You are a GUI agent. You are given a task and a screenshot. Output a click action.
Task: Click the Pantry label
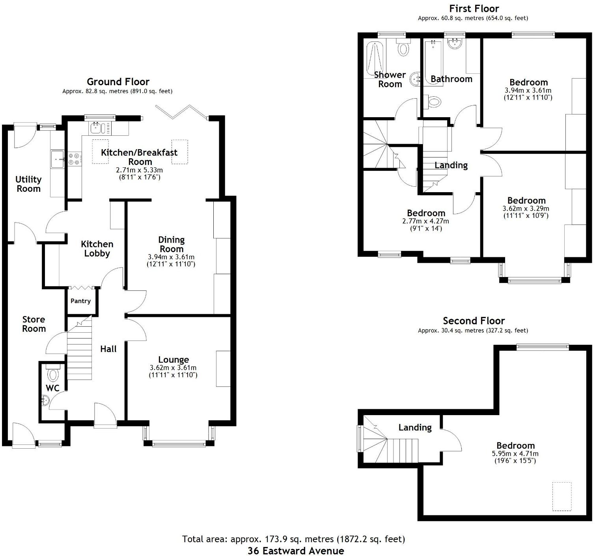pyautogui.click(x=80, y=301)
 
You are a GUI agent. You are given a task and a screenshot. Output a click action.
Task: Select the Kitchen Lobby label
pyautogui.click(x=97, y=249)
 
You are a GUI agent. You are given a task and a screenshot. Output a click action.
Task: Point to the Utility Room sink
pyautogui.click(x=58, y=159)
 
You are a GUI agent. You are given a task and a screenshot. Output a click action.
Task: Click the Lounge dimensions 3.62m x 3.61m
pyautogui.click(x=173, y=368)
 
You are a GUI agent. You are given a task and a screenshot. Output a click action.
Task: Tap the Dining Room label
pyautogui.click(x=171, y=244)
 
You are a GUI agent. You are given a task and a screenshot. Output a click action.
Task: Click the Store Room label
pyautogui.click(x=34, y=324)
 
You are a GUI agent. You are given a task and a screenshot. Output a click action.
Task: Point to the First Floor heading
pyautogui.click(x=474, y=8)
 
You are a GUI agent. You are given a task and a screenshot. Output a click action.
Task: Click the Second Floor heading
pyautogui.click(x=474, y=321)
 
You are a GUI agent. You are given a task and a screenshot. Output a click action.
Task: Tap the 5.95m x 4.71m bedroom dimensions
pyautogui.click(x=515, y=454)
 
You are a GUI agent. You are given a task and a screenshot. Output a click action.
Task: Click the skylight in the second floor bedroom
pyautogui.click(x=561, y=496)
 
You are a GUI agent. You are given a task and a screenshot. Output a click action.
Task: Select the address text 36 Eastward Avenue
pyautogui.click(x=296, y=551)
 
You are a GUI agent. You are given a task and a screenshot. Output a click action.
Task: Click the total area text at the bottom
pyautogui.click(x=293, y=539)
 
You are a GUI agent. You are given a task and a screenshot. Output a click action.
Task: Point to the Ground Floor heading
pyautogui.click(x=118, y=82)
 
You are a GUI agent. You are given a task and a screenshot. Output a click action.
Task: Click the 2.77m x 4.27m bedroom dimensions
pyautogui.click(x=426, y=221)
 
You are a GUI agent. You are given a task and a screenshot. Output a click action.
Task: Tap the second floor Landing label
pyautogui.click(x=415, y=427)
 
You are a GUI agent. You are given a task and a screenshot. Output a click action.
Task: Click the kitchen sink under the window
pyautogui.click(x=97, y=128)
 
